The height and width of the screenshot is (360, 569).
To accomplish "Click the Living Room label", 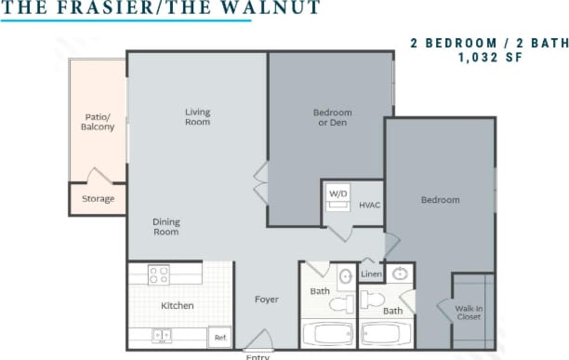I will click(197, 117).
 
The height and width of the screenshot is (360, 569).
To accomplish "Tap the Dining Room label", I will click(165, 227).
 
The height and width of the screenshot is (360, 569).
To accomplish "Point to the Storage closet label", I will click(98, 199).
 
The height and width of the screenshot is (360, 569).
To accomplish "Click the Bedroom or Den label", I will click(332, 117).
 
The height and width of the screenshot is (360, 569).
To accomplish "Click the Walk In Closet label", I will click(469, 312).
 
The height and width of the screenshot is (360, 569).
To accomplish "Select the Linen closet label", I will click(371, 274).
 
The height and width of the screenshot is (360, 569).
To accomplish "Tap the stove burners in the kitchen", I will click(159, 274).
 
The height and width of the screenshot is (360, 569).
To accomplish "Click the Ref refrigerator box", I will click(220, 338).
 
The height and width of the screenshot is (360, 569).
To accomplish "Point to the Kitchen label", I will click(177, 305).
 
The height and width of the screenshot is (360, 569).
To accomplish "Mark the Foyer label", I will click(268, 300).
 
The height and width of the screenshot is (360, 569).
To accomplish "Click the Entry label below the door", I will click(258, 356).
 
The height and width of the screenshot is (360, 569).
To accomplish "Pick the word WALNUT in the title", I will click(271, 8).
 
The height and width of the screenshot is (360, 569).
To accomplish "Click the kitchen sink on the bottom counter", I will click(161, 335).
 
